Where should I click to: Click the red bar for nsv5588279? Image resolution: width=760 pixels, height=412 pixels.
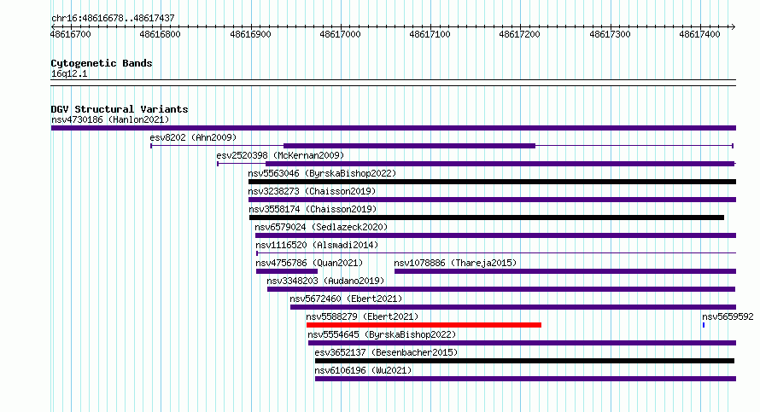point(424,325)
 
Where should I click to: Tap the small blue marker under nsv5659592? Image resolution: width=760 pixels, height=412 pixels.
point(704,325)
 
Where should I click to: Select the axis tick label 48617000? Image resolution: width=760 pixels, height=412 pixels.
point(340,34)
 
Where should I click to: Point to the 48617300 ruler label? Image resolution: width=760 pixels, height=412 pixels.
point(610,34)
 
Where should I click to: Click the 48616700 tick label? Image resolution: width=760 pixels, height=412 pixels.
point(70,34)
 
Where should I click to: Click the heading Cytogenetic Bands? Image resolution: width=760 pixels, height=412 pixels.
point(102,63)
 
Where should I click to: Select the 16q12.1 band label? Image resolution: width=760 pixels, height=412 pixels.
point(69,73)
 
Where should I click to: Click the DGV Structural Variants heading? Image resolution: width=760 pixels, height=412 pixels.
point(120,109)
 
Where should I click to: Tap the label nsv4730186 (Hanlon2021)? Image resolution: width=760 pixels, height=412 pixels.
point(110,119)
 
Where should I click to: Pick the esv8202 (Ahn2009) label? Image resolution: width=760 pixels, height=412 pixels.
point(193,137)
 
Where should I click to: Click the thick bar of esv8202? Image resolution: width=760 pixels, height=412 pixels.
point(410,146)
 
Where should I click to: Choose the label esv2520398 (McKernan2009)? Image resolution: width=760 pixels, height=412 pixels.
point(280,155)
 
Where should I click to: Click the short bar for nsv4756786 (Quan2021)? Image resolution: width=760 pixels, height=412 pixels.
point(286,271)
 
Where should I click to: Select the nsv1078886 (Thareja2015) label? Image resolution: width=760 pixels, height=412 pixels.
point(455,263)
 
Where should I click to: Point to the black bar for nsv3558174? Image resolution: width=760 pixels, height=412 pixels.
point(487,218)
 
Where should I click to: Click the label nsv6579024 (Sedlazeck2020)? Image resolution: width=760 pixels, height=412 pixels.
point(321,227)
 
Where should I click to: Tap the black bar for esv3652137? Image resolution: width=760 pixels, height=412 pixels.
point(524,361)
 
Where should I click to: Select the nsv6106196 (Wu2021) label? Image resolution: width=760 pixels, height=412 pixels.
point(363,370)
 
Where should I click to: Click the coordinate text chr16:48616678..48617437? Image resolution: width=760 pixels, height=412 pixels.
point(113,19)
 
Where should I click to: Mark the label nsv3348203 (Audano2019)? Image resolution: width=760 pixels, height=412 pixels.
point(325,281)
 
